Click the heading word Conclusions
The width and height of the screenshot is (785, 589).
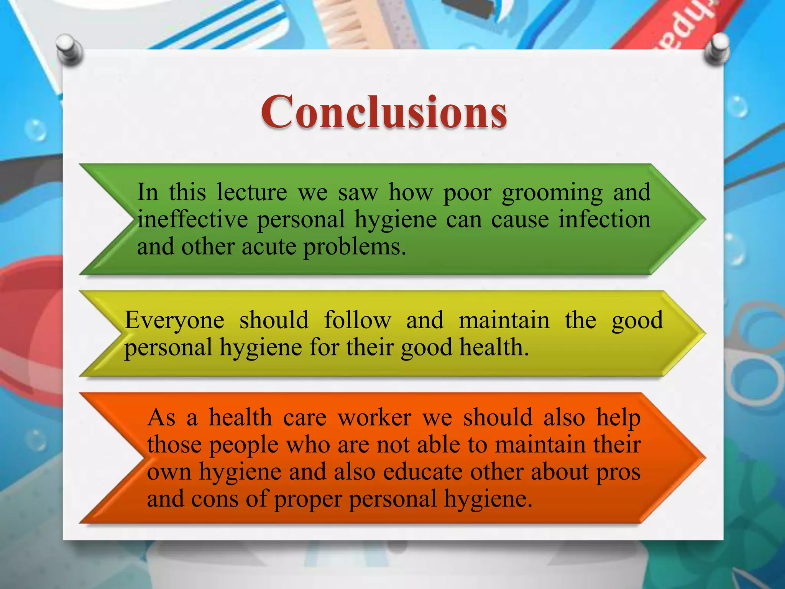click(384, 112)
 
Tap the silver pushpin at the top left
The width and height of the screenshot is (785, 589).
click(69, 49)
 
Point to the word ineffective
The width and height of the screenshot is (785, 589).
click(192, 219)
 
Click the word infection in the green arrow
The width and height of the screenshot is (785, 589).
click(604, 219)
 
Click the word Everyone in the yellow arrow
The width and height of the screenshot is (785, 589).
click(174, 321)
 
